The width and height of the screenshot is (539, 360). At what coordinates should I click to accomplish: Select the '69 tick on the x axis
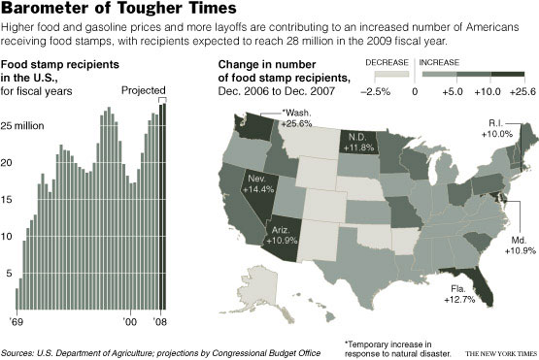coord(17,321)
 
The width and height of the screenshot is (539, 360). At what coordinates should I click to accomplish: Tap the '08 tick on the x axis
coord(161,321)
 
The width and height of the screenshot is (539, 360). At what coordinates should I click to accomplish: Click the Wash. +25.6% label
coord(294,118)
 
